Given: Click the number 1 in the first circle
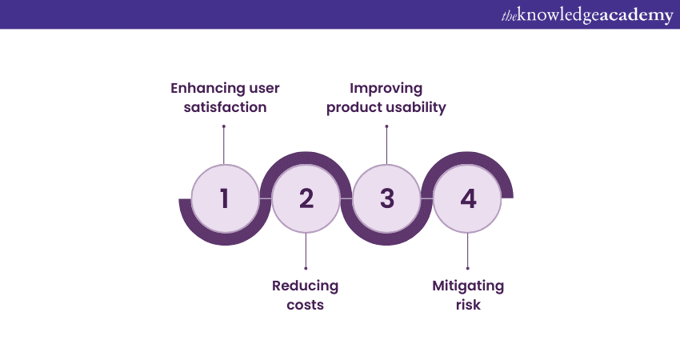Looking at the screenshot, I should (224, 198).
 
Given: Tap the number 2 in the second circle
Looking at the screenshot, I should (306, 198).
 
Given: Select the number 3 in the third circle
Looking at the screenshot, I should (387, 198).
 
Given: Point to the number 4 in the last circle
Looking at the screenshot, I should (468, 198).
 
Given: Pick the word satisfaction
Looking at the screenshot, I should (224, 106).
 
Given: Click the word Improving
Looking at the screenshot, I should (386, 87).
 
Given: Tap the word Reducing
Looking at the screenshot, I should (305, 286).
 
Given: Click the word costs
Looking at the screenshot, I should (305, 305).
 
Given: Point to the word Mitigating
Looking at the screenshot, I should (468, 286).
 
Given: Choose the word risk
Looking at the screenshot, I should (468, 305).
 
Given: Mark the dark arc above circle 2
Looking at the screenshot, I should (306, 157).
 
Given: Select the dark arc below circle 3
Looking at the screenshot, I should (387, 239).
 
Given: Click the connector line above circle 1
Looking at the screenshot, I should (224, 144).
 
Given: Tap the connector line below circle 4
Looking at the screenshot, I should (468, 251).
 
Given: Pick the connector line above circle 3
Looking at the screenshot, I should (387, 144).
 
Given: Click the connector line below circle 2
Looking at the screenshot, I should (306, 251).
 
